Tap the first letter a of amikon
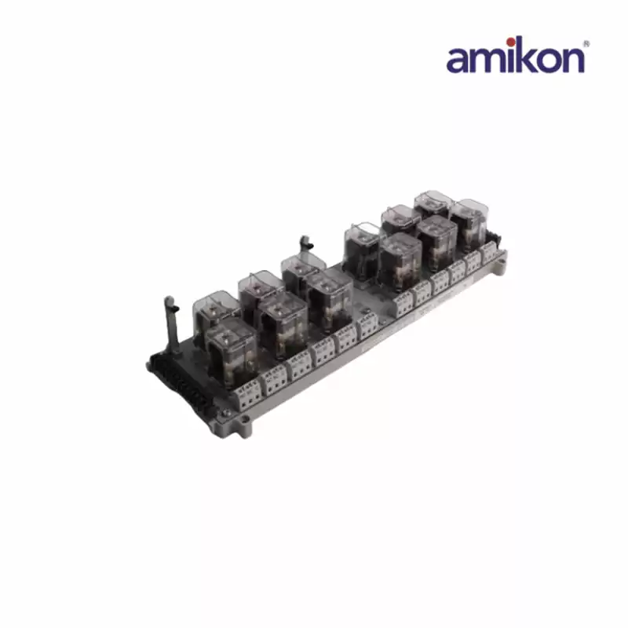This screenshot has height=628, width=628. tap(458, 60)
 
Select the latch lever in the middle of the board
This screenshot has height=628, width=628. tap(305, 246)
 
